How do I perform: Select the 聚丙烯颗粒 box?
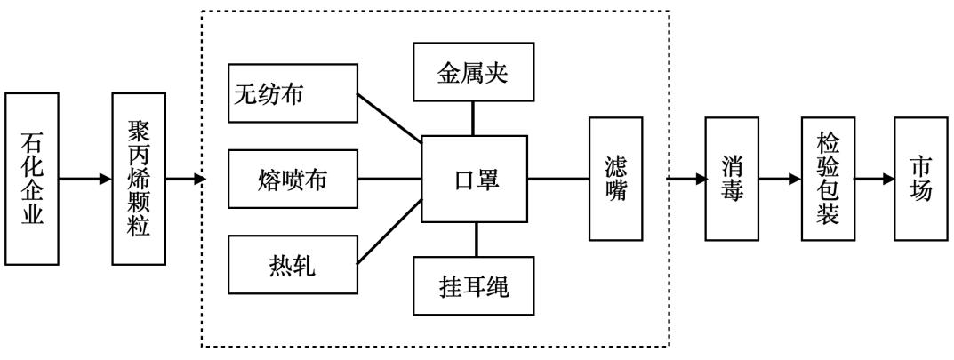click(x=139, y=178)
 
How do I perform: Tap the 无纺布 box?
click(x=293, y=92)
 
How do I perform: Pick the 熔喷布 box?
click(x=293, y=179)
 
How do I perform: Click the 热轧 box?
click(x=293, y=265)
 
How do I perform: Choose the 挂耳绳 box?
click(x=475, y=286)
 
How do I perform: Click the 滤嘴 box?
click(x=615, y=179)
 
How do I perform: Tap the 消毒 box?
click(x=733, y=179)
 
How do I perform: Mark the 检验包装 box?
click(x=827, y=179)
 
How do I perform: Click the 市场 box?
click(x=920, y=179)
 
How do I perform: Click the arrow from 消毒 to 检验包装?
click(x=780, y=179)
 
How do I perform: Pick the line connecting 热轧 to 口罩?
click(x=389, y=233)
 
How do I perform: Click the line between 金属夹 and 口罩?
click(x=474, y=117)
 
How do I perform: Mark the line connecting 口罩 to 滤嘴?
click(x=558, y=179)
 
